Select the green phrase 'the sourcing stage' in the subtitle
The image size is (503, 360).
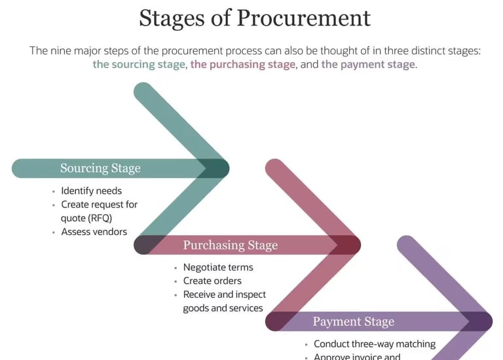140,65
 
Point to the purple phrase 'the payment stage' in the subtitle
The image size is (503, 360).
368,65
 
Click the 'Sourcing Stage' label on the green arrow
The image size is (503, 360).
100,168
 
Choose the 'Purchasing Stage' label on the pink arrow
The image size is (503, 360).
230,245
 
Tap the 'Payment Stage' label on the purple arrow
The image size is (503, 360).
353,321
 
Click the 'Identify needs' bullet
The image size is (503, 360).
91,191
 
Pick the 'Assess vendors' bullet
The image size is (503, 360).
94,232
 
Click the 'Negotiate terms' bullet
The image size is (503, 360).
217,267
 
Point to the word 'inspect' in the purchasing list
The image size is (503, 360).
250,295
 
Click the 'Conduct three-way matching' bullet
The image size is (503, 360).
374,344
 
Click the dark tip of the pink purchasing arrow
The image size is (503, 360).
347,245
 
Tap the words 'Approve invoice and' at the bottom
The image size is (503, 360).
357,357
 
